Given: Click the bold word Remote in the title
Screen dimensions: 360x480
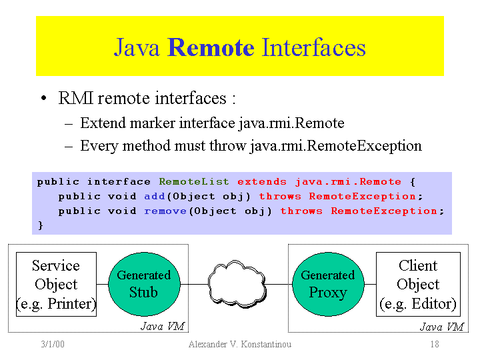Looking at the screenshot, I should pos(211,48).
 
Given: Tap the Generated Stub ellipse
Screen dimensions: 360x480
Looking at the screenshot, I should pos(144,283).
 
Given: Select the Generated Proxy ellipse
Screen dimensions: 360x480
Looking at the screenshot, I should pos(327,283).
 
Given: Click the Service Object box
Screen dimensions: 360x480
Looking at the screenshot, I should pos(56,284).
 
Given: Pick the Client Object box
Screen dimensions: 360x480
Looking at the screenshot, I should pos(418,284).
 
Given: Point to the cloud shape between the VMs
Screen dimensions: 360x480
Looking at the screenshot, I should pos(236,284).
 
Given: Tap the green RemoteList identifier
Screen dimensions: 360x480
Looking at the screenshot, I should pos(193,182).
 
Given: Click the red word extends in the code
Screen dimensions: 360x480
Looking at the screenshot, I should pos(261,182).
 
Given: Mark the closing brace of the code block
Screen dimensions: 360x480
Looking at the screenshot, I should pos(40,225).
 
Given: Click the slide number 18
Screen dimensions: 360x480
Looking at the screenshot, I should pos(434,344).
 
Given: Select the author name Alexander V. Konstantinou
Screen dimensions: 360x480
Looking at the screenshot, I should pos(239,344).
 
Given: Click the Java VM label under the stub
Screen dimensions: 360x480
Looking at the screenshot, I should pos(162,326).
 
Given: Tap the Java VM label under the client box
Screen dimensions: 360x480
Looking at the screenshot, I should pos(441,327).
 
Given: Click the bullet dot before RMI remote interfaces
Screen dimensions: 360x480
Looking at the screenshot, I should pos(43,100).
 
